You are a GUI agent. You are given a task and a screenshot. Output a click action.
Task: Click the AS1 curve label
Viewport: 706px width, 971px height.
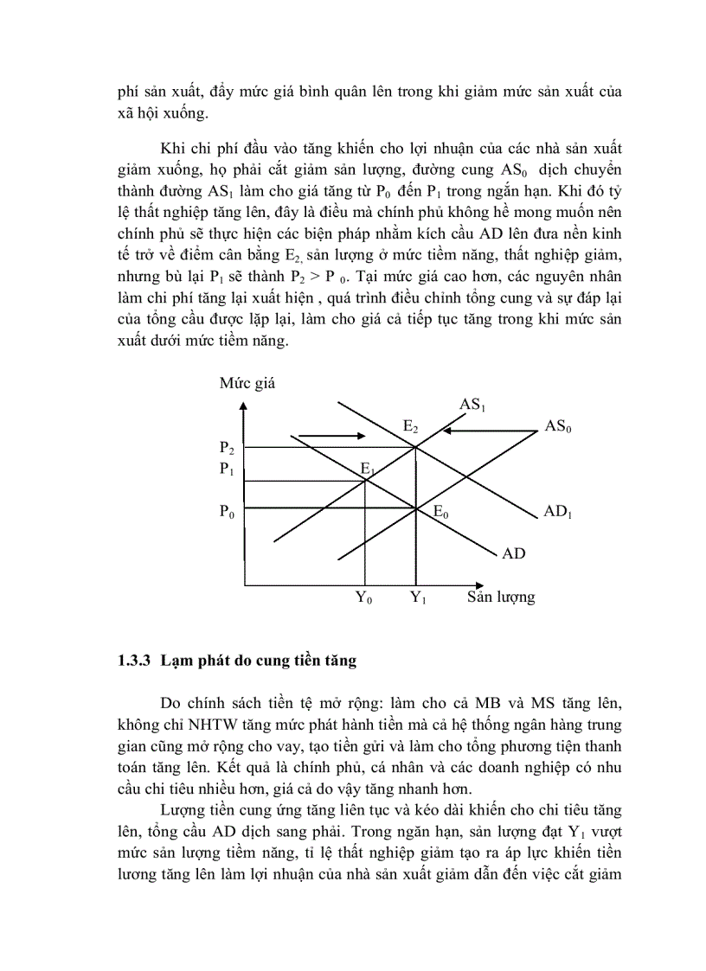[x=472, y=405]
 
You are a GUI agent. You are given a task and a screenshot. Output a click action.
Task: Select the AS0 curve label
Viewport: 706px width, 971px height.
[x=558, y=426]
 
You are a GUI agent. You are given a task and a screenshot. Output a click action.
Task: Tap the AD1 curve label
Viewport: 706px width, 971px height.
[x=558, y=512]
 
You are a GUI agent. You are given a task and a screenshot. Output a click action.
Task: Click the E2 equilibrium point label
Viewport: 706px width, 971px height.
[x=410, y=427]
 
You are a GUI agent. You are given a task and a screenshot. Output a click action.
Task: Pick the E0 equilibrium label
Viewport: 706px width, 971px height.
[x=440, y=513]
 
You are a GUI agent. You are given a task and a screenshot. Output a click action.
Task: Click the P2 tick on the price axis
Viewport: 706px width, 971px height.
[x=227, y=448]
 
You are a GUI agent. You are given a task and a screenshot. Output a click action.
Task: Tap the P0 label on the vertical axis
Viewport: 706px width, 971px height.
[x=227, y=512]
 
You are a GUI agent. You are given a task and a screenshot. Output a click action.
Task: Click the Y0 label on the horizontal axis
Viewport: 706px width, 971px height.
[x=363, y=597]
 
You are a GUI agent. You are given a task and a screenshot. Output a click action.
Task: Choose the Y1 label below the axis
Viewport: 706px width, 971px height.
[x=418, y=597]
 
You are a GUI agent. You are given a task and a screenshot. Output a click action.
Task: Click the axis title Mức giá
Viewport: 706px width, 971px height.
[x=247, y=382]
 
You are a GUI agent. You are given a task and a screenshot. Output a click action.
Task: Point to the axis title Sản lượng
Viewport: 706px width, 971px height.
[x=501, y=597]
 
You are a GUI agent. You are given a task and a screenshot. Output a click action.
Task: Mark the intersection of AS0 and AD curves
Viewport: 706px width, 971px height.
[x=417, y=508]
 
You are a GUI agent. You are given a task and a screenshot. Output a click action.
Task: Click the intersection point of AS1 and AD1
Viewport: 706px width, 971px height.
[x=417, y=447]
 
